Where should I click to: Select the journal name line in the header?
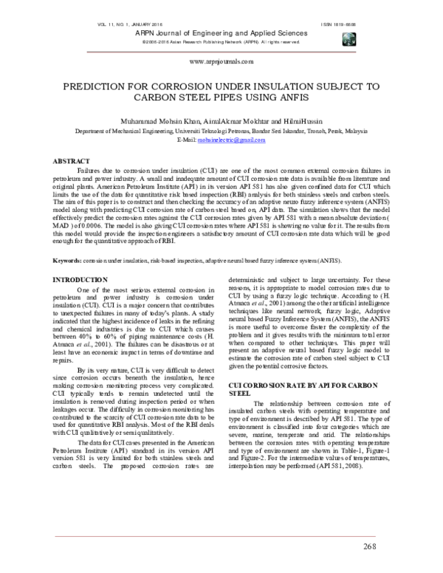pyautogui.click(x=221, y=34)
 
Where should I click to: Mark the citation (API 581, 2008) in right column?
pyautogui.click(x=350, y=446)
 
